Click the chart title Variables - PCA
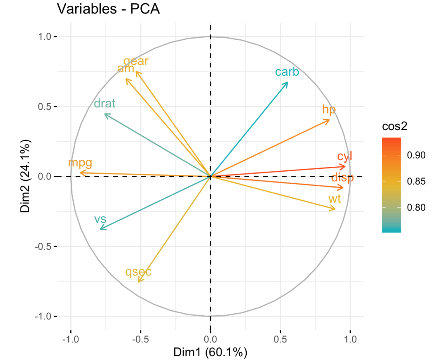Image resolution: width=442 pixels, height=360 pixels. (x=108, y=9)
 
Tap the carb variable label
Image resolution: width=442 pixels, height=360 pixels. (x=287, y=72)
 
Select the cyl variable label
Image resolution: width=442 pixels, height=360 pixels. (x=345, y=156)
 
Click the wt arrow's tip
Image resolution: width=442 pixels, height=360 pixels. (x=335, y=209)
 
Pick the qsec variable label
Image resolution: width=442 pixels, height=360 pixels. (x=139, y=272)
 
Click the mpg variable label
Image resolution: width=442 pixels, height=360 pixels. (x=80, y=163)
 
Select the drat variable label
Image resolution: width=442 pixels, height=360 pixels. (x=104, y=103)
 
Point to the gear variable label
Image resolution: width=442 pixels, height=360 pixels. (x=136, y=61)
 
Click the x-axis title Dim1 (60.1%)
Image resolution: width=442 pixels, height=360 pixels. (x=210, y=352)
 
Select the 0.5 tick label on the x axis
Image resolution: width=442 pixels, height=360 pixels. (x=280, y=339)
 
